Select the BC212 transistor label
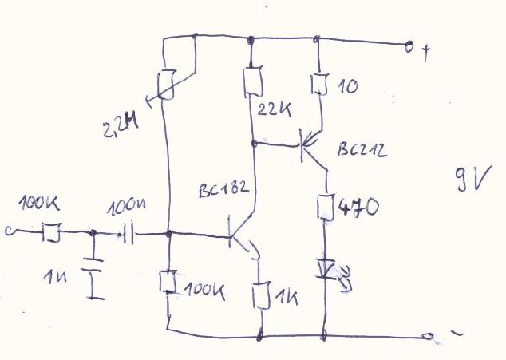click(x=361, y=149)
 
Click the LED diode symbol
click(x=325, y=269)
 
